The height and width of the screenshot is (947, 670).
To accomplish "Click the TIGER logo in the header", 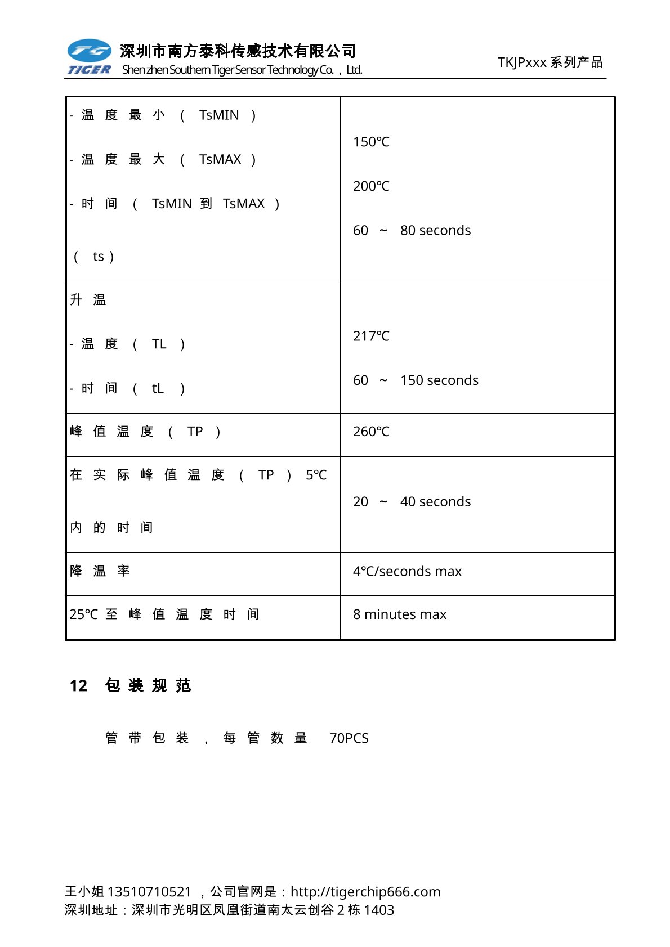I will [89, 57].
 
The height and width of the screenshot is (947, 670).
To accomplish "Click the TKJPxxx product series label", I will [550, 62].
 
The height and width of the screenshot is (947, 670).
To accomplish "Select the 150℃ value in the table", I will [371, 142].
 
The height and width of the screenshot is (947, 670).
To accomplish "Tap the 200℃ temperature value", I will [371, 186].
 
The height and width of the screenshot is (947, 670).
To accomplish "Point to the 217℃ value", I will [371, 336].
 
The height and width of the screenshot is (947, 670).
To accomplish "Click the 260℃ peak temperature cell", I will [371, 432].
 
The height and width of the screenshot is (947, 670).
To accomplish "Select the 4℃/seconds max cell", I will [407, 571].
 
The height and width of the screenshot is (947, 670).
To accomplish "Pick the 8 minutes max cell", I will [400, 614].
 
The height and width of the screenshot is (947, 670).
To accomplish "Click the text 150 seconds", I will [439, 380].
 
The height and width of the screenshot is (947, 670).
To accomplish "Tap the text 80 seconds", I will [435, 231].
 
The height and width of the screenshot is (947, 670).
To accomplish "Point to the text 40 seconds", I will [435, 502].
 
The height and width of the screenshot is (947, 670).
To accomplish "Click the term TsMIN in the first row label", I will [219, 115].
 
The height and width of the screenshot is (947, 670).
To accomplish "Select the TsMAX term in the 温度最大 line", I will [220, 160].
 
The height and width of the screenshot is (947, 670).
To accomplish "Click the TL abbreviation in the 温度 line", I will [159, 344].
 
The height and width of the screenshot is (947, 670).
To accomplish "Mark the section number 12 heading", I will [78, 685].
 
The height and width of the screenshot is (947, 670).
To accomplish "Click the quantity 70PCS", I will [349, 738].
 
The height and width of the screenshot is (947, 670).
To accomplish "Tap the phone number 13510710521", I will [149, 892].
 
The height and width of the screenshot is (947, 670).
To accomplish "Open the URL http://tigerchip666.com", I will [365, 892].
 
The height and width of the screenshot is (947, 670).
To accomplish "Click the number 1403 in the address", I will [379, 910].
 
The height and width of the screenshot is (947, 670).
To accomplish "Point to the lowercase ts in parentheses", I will [99, 257].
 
